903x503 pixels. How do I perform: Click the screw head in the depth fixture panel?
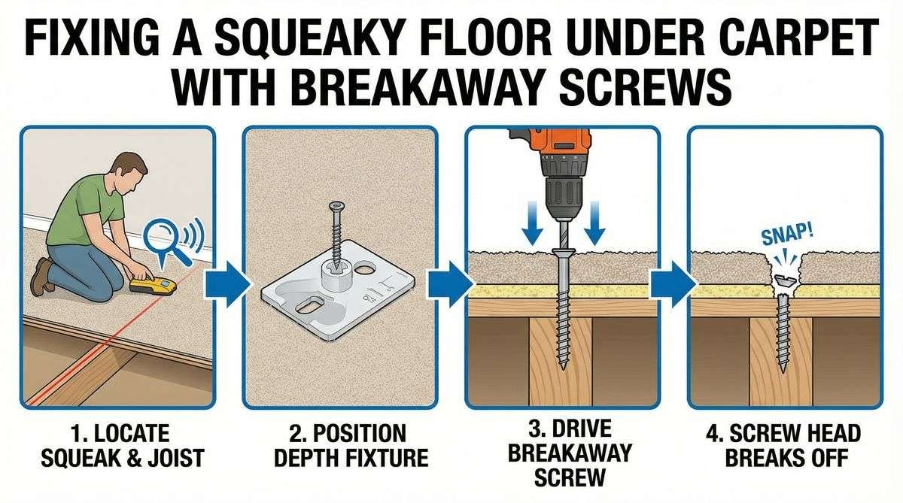(x=334, y=205)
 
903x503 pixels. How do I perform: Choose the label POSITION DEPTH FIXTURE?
(x=339, y=445)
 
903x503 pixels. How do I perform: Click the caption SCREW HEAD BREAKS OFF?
(x=785, y=445)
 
